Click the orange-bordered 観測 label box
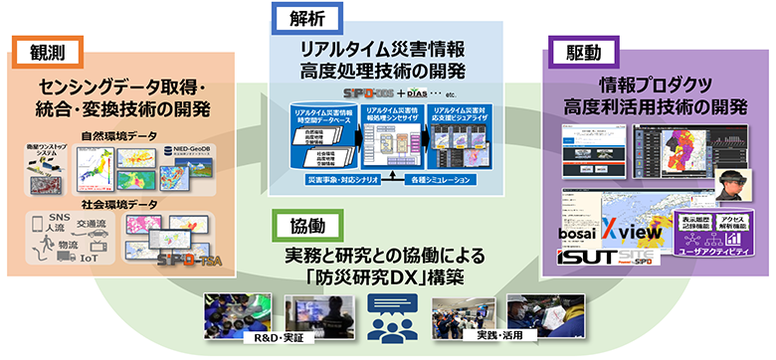pyautogui.click(x=43, y=50)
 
